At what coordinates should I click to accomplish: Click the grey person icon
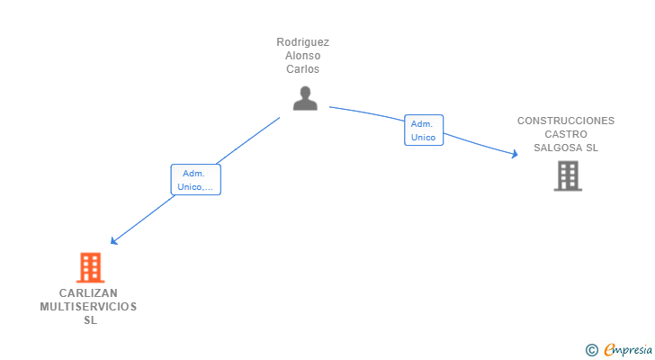[x=305, y=98]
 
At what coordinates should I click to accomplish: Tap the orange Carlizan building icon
[x=90, y=267]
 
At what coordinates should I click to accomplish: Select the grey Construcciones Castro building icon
[x=567, y=175]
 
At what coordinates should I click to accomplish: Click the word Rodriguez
[x=303, y=42]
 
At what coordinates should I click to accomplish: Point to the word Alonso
[x=303, y=56]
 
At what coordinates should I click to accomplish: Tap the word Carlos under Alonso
[x=303, y=69]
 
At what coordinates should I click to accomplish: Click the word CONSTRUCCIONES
[x=566, y=121]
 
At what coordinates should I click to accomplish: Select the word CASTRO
[x=566, y=134]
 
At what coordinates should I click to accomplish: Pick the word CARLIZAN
[x=88, y=293]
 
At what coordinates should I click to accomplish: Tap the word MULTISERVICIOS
[x=88, y=307]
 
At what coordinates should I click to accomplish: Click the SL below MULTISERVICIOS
[x=89, y=320]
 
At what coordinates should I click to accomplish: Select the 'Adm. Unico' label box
[x=423, y=130]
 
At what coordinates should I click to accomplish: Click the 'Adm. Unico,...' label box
[x=195, y=180]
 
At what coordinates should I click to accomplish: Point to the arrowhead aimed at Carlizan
[x=112, y=241]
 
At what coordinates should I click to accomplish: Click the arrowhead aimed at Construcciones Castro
[x=516, y=154]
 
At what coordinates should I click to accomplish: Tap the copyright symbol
[x=591, y=350]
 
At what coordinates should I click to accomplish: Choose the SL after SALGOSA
[x=592, y=148]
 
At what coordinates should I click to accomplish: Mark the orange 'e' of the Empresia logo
[x=609, y=350]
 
